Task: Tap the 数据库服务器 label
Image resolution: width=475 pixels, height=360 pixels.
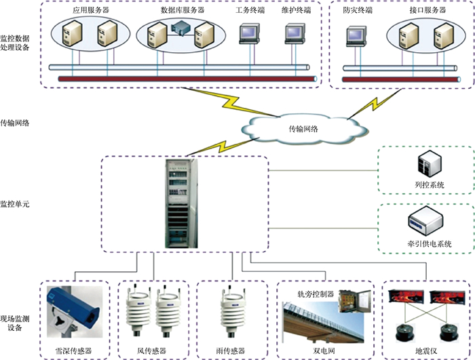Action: coord(182,12)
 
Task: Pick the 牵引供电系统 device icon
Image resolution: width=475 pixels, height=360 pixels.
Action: coord(425,221)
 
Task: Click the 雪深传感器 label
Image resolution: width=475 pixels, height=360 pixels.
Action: coord(73,351)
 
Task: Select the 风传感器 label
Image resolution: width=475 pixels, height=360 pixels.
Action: coord(152,351)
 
